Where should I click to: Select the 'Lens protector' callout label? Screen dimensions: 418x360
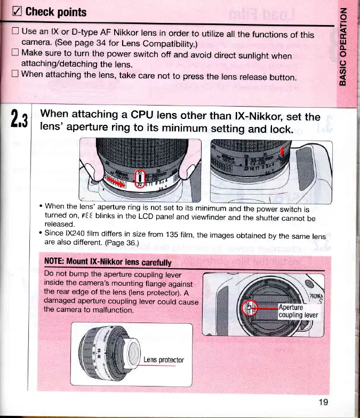click(x=163, y=359)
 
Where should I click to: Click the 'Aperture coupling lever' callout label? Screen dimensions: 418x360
click(x=298, y=311)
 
